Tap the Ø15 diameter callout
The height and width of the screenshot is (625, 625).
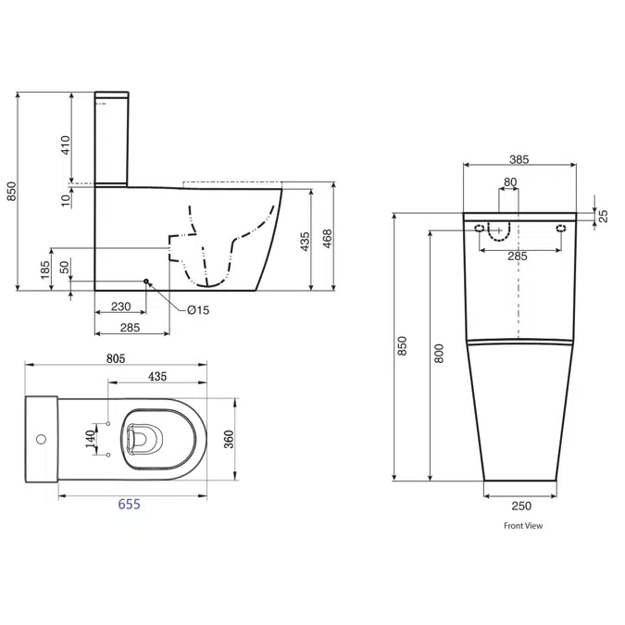[198, 310]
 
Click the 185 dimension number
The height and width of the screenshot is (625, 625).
[45, 271]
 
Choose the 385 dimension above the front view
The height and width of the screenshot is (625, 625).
[519, 159]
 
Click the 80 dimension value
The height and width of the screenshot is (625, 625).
[510, 182]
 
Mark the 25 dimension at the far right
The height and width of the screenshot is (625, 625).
[603, 216]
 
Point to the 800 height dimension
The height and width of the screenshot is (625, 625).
[440, 353]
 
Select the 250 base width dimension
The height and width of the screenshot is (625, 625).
[521, 506]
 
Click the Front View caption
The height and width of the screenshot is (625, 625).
[523, 526]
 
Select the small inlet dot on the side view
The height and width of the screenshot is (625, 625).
[146, 281]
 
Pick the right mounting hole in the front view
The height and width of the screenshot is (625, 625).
[559, 229]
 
